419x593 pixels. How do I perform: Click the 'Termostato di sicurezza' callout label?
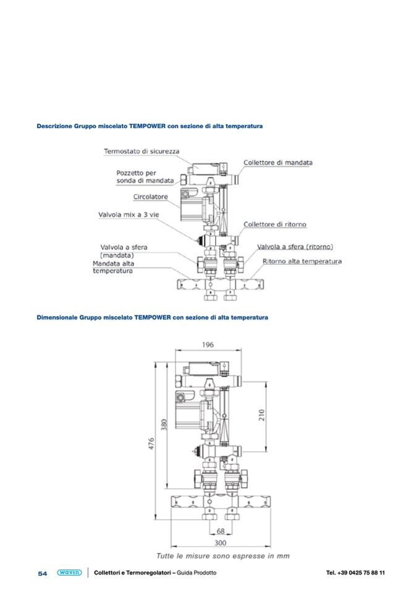(142, 151)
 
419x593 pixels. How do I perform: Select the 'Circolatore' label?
(150, 197)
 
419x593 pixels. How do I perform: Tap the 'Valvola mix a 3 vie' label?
(129, 215)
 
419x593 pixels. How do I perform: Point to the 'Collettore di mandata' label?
(278, 163)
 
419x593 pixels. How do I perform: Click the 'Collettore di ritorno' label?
(274, 224)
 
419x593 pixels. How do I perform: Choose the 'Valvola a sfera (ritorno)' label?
(295, 247)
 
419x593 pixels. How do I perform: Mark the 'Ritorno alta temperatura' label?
(302, 262)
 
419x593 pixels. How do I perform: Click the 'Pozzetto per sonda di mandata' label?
(145, 177)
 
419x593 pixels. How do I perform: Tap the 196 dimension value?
(208, 344)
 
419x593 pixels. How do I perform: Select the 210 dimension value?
(261, 416)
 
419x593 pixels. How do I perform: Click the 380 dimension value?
(164, 425)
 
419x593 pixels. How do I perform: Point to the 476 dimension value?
(151, 443)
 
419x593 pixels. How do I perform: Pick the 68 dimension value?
(221, 531)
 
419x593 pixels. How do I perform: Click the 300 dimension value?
(220, 543)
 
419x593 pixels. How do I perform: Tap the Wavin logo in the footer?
(69, 573)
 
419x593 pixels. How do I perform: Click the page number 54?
(43, 573)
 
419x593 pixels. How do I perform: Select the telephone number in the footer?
(355, 573)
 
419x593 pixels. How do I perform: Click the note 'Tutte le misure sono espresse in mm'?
(223, 556)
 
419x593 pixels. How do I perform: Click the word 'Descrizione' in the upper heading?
(54, 126)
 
